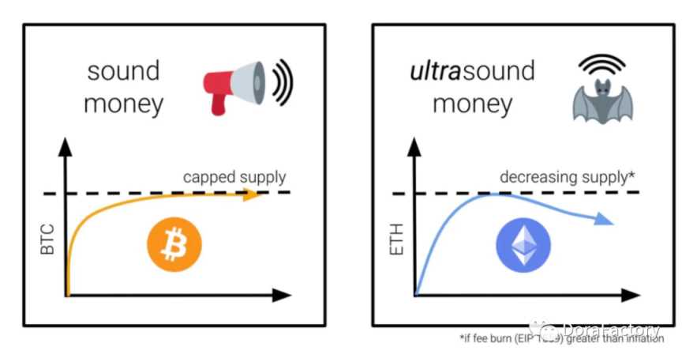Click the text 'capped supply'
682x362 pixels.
point(234,176)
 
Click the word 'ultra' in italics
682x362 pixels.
point(436,71)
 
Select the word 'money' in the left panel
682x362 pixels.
point(124,104)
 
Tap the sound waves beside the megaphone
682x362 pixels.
point(281,81)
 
